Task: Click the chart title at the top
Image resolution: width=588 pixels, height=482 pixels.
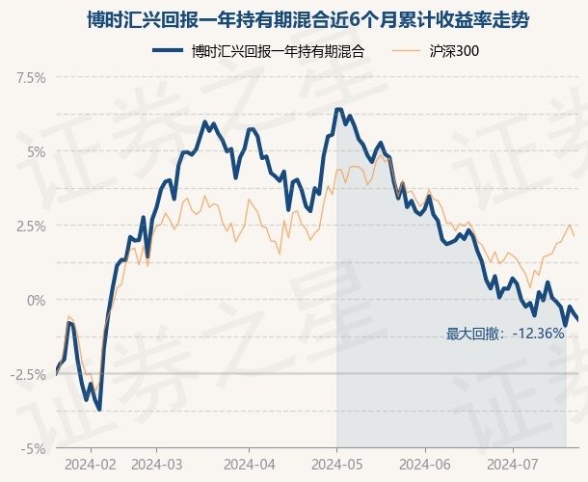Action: coord(307,20)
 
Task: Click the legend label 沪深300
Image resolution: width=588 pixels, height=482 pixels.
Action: coord(454,51)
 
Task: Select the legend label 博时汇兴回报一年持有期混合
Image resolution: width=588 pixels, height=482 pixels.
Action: coord(279,51)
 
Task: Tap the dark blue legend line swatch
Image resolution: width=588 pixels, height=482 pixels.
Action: coord(168,51)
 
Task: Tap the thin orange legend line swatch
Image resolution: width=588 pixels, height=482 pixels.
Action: coord(406,51)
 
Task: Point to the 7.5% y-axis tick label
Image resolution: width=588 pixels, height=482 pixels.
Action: coord(31,78)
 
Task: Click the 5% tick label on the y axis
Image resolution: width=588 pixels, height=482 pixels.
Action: coord(37,152)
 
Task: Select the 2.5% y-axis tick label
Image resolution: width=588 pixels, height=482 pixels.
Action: coord(31,227)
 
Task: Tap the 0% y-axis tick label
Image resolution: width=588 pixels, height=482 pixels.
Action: coord(37,300)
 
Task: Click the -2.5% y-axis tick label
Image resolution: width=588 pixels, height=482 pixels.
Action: coord(28,374)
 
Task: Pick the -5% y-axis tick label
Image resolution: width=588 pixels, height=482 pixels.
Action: coord(34,448)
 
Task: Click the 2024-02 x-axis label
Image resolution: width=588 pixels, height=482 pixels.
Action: coord(91,465)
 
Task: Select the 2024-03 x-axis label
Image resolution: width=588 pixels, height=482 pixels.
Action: coord(157,465)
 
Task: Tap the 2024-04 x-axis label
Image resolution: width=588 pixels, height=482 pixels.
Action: coord(250,465)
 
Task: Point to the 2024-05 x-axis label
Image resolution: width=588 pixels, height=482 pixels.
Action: coord(337,465)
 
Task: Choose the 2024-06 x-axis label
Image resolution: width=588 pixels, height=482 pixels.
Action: coord(425,465)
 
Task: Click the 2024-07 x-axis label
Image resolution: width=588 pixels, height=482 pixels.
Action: coord(513,465)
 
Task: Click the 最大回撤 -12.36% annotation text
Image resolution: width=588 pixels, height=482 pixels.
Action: coord(505,334)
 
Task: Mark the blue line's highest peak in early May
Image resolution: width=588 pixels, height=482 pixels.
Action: coord(338,109)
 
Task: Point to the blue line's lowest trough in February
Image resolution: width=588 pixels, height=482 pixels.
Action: coord(99,410)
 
